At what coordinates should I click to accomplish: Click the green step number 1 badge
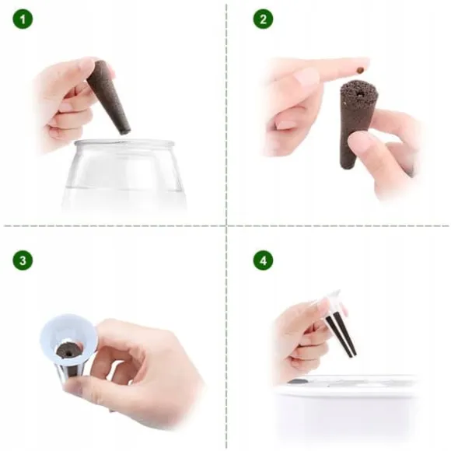(23, 19)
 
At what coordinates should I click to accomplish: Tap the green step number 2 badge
(263, 19)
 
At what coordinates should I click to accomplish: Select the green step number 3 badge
(23, 260)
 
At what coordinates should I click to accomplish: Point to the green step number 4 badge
(263, 260)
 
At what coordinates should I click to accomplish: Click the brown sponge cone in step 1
(108, 96)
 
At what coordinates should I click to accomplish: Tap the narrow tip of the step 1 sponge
(125, 131)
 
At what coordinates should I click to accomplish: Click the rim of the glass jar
(124, 143)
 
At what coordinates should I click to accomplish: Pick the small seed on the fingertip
(359, 70)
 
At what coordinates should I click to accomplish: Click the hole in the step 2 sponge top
(359, 94)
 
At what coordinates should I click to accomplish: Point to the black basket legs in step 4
(341, 334)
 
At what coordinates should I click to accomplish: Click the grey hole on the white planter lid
(297, 382)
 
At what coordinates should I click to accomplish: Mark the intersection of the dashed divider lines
(226, 226)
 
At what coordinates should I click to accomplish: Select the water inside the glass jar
(124, 198)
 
